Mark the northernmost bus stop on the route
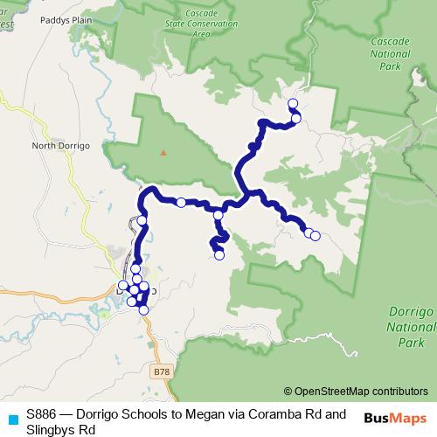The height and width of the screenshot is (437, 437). pyautogui.click(x=293, y=103)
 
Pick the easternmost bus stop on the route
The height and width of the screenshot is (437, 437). pyautogui.click(x=316, y=235)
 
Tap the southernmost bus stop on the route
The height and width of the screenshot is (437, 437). pyautogui.click(x=143, y=309)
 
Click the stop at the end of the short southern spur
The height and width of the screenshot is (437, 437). pyautogui.click(x=219, y=255)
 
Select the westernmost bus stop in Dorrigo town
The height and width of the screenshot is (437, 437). pyautogui.click(x=122, y=286)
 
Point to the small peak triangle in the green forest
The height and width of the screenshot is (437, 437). pyautogui.click(x=163, y=150)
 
